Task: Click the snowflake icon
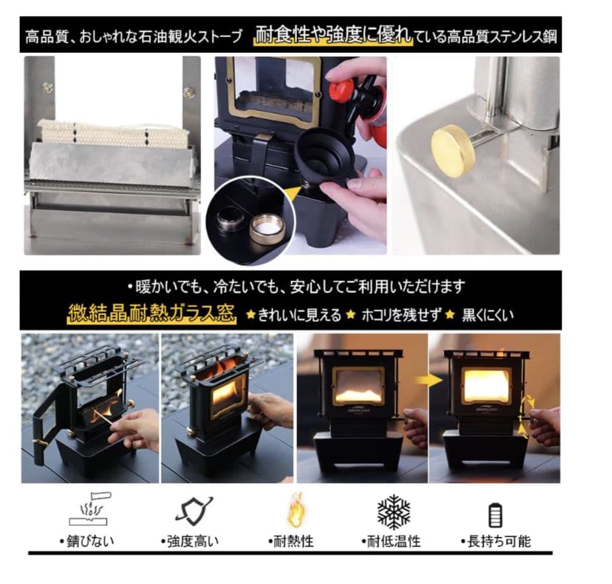point(394,512)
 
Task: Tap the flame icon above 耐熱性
point(295,511)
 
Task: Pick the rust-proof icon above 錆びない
point(91,510)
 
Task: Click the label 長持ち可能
point(496,541)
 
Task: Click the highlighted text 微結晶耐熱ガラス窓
point(152,313)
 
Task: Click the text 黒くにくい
point(488,315)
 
